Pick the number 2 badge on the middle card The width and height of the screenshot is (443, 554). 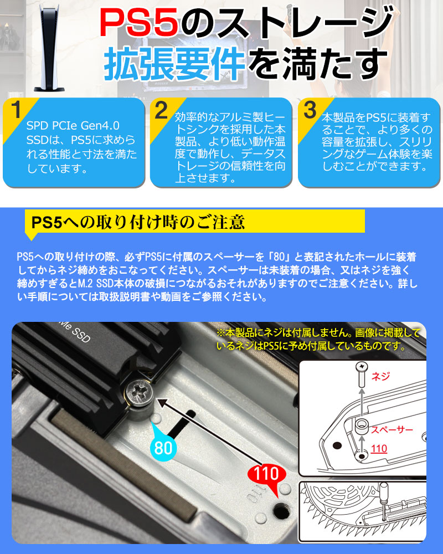[161, 109]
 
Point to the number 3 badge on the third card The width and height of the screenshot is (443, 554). [310, 109]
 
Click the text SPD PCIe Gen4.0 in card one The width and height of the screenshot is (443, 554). [73, 126]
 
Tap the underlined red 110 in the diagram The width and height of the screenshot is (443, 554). [379, 448]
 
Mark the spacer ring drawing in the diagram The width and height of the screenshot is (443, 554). [363, 427]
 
